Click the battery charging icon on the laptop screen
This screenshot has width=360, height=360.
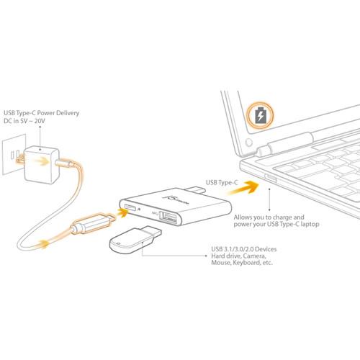coord(260,114)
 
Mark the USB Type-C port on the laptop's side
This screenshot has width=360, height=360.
coord(271,177)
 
